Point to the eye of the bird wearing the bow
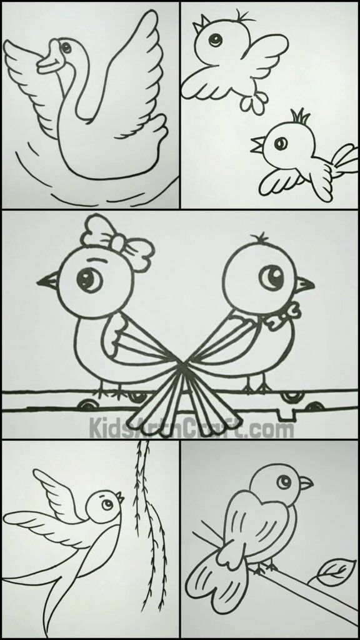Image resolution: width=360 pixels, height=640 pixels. click(x=92, y=278)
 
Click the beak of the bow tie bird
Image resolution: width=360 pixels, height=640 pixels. click(x=305, y=284)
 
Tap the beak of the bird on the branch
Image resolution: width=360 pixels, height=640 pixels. click(x=306, y=483)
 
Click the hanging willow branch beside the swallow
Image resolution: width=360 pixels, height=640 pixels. click(x=146, y=512)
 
